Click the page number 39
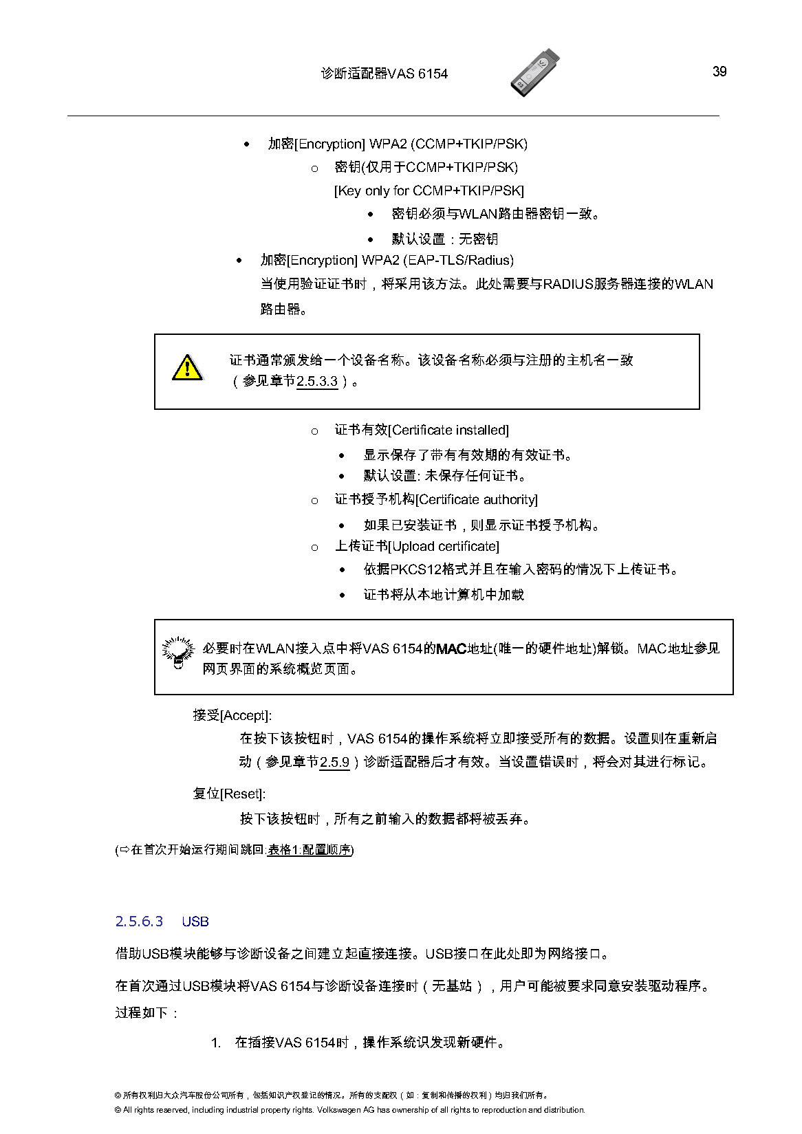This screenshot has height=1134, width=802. [719, 72]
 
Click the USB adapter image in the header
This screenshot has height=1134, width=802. [535, 72]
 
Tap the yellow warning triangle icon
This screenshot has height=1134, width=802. [186, 368]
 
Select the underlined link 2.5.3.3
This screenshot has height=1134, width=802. [317, 381]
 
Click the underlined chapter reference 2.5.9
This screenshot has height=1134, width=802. [335, 762]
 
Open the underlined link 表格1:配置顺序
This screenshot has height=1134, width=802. [309, 850]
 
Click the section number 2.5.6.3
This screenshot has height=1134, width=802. [139, 922]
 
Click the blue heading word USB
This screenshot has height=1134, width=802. [195, 922]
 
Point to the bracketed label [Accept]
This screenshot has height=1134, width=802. [246, 716]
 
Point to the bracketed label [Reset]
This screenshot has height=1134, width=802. [242, 794]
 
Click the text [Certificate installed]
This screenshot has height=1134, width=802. [448, 430]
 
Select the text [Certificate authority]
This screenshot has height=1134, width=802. [477, 500]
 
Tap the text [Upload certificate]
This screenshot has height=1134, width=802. [444, 547]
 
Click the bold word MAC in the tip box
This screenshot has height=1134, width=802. [451, 648]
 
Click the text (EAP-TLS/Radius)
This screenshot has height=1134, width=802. [458, 261]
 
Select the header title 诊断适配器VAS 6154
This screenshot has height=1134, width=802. [384, 74]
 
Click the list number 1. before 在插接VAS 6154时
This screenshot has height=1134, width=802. [215, 1043]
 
